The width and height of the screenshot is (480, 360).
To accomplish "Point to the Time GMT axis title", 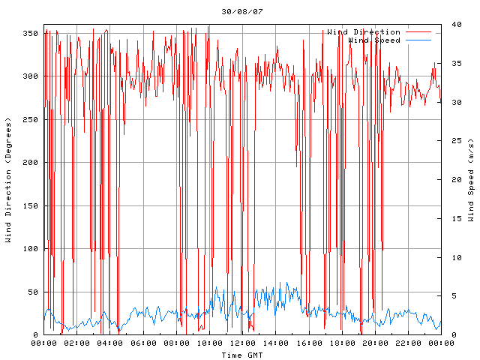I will (x=241, y=354).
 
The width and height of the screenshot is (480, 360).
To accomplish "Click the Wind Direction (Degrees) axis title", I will (x=9, y=180).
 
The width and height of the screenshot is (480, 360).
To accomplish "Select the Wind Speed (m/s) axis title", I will (x=471, y=180).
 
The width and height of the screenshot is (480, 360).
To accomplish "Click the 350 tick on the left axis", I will (x=30, y=34).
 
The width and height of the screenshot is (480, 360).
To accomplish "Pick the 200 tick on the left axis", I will (x=30, y=163).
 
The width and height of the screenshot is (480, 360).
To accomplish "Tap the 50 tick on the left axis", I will (x=32, y=292).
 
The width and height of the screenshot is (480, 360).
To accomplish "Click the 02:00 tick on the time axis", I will (x=77, y=343).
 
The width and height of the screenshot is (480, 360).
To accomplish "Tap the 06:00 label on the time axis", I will (x=143, y=343).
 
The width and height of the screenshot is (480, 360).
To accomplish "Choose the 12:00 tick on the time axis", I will (x=242, y=343).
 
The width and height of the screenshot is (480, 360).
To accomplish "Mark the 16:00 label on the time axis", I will (x=308, y=343).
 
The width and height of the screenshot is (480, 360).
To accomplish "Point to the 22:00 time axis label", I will (x=407, y=343).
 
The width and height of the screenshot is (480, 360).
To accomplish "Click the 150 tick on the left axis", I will (x=30, y=205).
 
